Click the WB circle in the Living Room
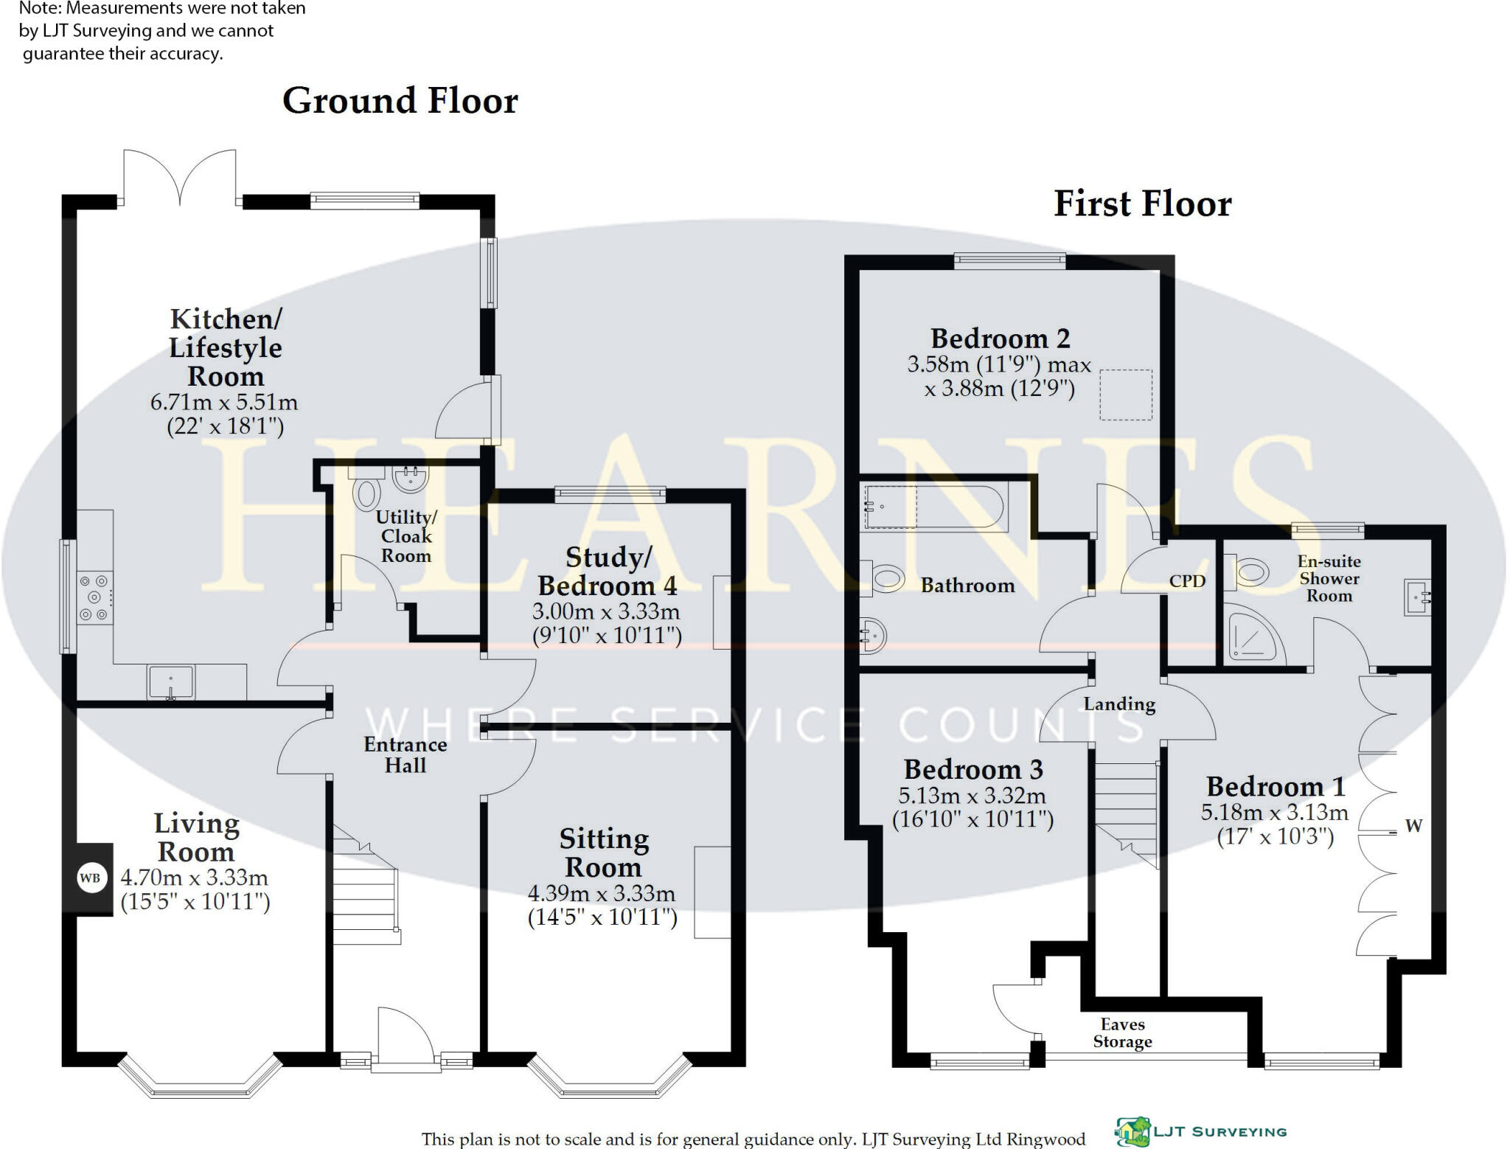tap(91, 878)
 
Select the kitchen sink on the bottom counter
tap(171, 682)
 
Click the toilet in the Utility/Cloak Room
tap(366, 493)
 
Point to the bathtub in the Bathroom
tap(935, 507)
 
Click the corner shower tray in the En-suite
tap(1250, 635)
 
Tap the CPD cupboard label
tap(1187, 581)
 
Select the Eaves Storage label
tap(1122, 1032)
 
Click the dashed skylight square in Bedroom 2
tap(1126, 395)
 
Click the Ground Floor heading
tap(400, 101)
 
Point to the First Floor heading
tap(1142, 204)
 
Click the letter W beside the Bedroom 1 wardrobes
tap(1413, 825)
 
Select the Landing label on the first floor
tap(1119, 704)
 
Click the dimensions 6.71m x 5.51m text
tap(224, 403)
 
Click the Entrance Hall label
tap(406, 754)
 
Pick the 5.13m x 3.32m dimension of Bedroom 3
tap(972, 796)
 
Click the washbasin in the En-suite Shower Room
tap(1417, 597)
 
